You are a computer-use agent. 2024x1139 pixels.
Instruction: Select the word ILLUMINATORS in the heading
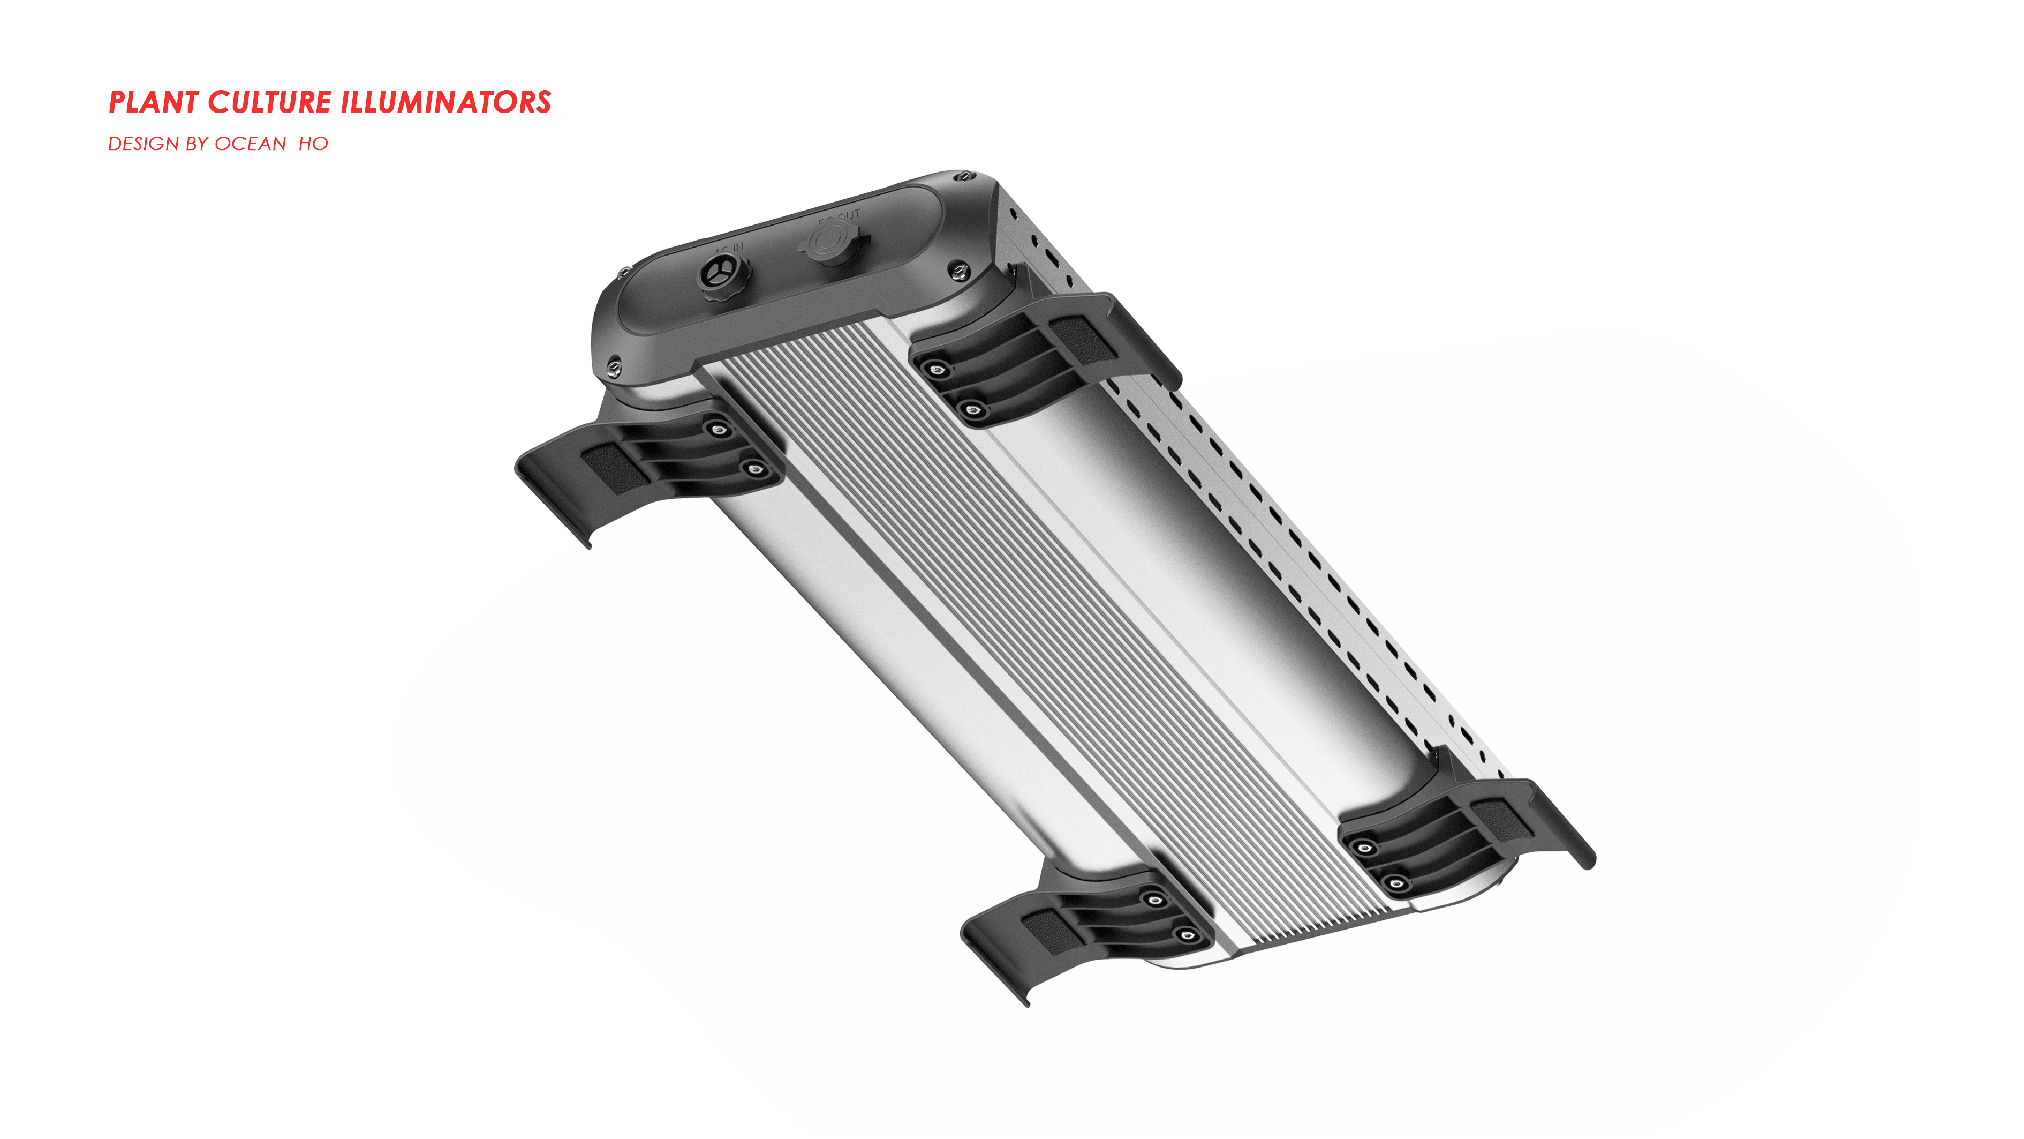pos(445,102)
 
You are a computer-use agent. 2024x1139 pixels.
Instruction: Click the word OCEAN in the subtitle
pos(250,144)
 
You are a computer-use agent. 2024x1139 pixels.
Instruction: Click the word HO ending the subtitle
pos(313,144)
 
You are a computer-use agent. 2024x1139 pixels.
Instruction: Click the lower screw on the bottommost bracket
pos(1187,935)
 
